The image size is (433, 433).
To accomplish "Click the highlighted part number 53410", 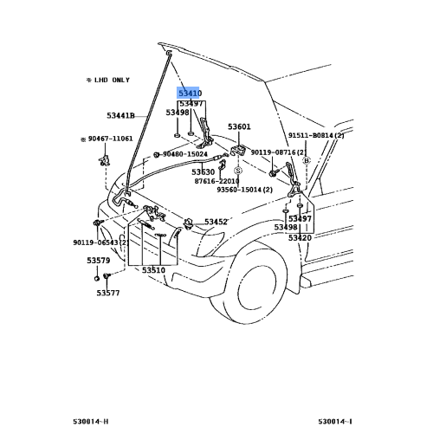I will pyautogui.click(x=190, y=92).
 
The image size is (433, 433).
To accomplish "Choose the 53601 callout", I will pyautogui.click(x=240, y=126).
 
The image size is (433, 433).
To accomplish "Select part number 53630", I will pyautogui.click(x=204, y=171).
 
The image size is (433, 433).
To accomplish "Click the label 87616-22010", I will pyautogui.click(x=216, y=181).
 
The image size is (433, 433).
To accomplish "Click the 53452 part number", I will pyautogui.click(x=216, y=222).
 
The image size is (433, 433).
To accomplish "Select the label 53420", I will pyautogui.click(x=300, y=237).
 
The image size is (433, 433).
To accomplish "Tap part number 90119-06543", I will pyautogui.click(x=100, y=243).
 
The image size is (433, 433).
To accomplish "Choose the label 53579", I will pyautogui.click(x=98, y=260).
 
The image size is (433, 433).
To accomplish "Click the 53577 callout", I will pyautogui.click(x=107, y=293).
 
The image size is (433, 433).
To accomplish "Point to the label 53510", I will pyautogui.click(x=153, y=270).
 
